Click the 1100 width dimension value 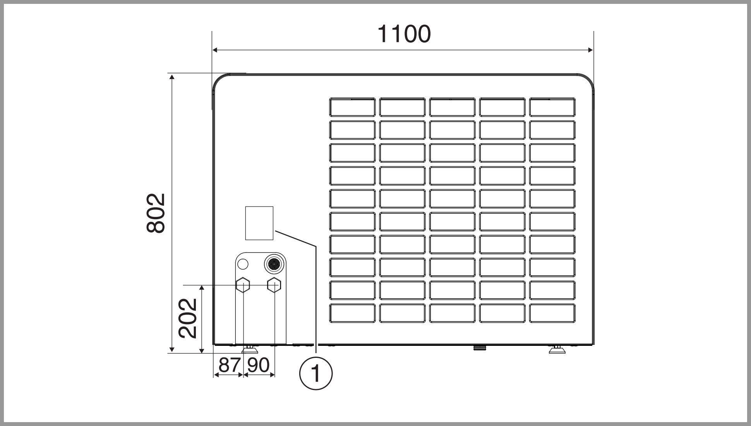[404, 34]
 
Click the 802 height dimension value [156, 213]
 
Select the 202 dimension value [188, 318]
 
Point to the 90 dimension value [258, 365]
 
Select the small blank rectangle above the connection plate [259, 223]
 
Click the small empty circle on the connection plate [242, 265]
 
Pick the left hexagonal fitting [243, 285]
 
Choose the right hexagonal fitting [274, 285]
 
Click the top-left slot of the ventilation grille [352, 107]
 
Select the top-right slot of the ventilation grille [552, 107]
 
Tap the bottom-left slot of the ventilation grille [352, 313]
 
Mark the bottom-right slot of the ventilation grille [552, 313]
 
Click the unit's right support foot [557, 350]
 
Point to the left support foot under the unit [250, 350]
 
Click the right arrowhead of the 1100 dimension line [590, 50]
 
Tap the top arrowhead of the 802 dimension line [172, 77]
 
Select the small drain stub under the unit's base [480, 347]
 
